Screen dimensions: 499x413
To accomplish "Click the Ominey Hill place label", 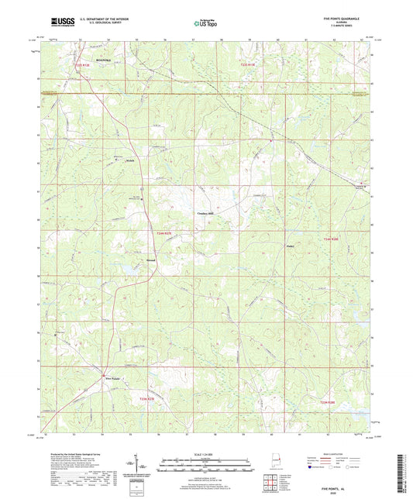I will click(x=203, y=210).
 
